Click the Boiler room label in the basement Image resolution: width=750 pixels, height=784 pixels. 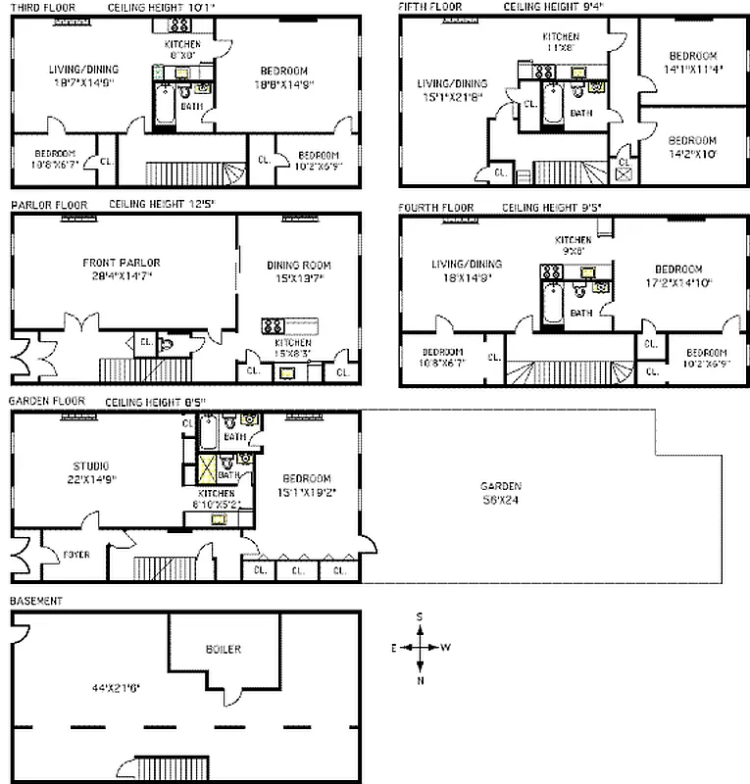coord(223,649)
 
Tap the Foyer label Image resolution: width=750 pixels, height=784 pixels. coord(75,555)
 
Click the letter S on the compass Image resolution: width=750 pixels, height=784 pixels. coord(420,616)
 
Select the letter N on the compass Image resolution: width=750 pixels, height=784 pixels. coord(420,680)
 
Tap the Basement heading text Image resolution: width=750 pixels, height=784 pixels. coord(36,600)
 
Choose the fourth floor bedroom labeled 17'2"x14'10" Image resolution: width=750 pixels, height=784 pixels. coord(678,275)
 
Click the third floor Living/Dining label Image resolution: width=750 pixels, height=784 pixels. coord(83,75)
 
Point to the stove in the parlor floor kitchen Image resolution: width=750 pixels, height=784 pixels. coord(272,325)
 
